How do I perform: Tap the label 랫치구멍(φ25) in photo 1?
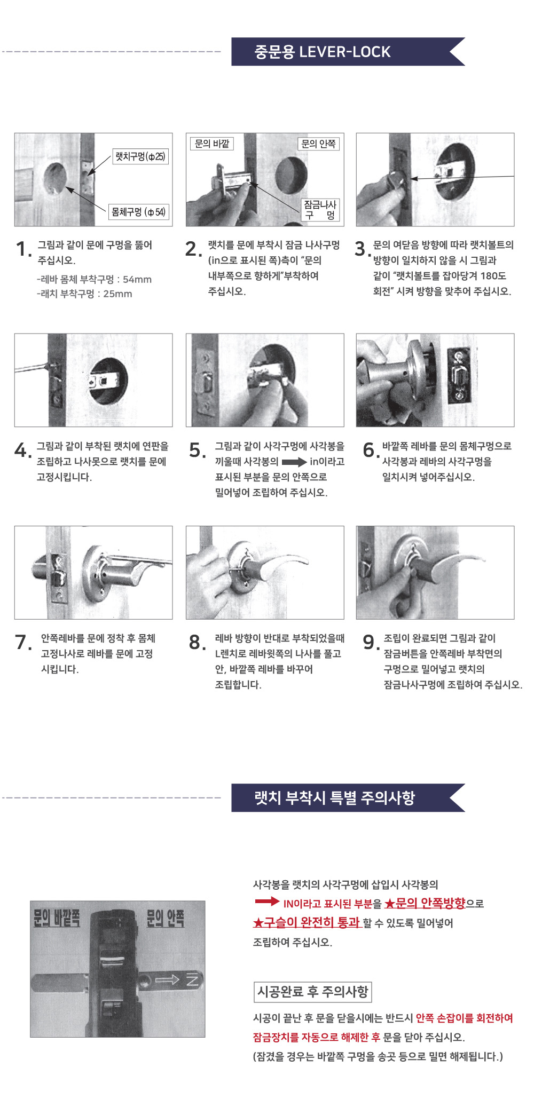(140, 156)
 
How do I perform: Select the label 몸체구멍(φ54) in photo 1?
(138, 212)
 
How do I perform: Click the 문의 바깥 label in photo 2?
(212, 144)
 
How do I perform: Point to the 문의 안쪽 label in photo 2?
(318, 144)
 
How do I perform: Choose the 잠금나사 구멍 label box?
(320, 210)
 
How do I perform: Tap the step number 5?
(197, 450)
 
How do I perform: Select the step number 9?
(371, 642)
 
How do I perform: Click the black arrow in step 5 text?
(294, 462)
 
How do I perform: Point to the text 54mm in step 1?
(137, 279)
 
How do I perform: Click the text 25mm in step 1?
(117, 294)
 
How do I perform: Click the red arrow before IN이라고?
(267, 902)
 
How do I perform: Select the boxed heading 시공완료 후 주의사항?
(312, 992)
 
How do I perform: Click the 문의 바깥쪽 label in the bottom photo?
(57, 918)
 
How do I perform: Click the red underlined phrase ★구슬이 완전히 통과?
(307, 922)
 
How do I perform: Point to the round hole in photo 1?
(55, 178)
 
